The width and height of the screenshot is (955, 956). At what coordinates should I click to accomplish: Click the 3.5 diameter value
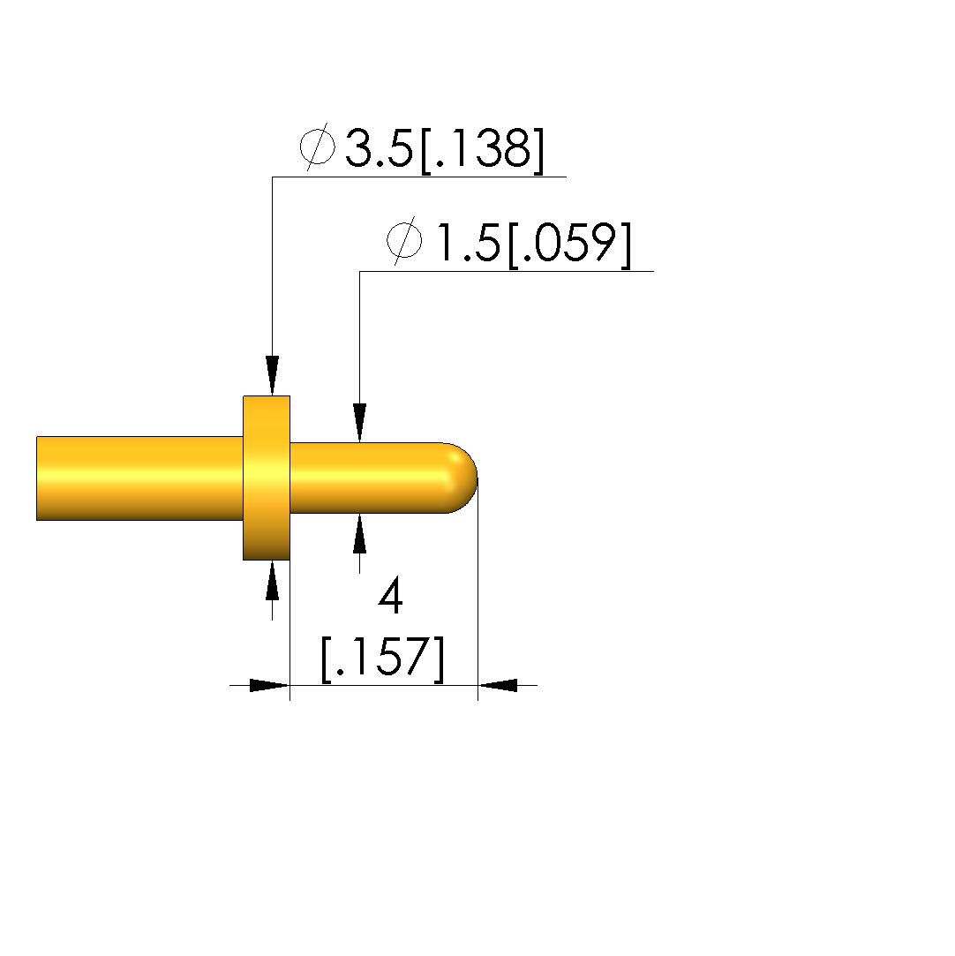pyautogui.click(x=379, y=148)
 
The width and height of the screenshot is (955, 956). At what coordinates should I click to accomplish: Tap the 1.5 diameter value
pyautogui.click(x=467, y=243)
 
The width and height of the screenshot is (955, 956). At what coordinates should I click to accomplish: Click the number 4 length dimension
pyautogui.click(x=391, y=596)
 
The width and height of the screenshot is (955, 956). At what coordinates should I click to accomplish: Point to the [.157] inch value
pyautogui.click(x=383, y=659)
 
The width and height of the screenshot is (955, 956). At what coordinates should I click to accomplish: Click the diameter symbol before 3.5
pyautogui.click(x=318, y=147)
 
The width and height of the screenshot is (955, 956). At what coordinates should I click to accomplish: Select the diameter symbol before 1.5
pyautogui.click(x=404, y=241)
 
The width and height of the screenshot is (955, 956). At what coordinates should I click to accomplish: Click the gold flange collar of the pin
pyautogui.click(x=267, y=478)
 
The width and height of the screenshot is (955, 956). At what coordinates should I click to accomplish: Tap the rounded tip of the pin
pyautogui.click(x=462, y=478)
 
